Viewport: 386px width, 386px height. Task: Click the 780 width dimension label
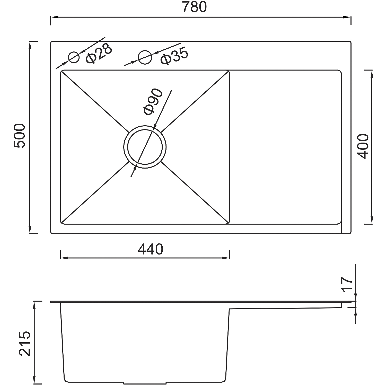[194, 7]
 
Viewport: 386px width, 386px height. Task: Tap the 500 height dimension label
[20, 136]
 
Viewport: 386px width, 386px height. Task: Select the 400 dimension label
[363, 146]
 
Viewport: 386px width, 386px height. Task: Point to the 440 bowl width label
[151, 249]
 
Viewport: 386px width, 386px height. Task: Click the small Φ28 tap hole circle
[74, 57]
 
